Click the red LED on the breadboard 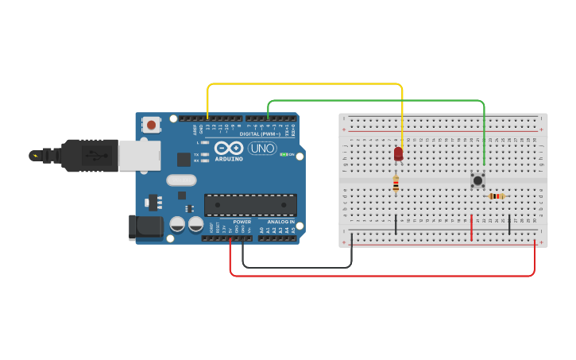(398, 153)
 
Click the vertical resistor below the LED (396, 184)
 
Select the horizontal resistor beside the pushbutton (497, 196)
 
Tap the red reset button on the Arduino (151, 124)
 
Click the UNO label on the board (262, 149)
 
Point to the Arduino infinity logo (228, 148)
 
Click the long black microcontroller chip (250, 204)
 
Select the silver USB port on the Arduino (139, 155)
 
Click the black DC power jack (146, 226)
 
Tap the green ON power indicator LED (284, 154)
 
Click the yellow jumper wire (306, 83)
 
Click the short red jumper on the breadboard (471, 227)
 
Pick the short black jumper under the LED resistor (396, 224)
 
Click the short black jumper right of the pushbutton (509, 223)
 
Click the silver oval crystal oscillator (181, 180)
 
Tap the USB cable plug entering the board (87, 155)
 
